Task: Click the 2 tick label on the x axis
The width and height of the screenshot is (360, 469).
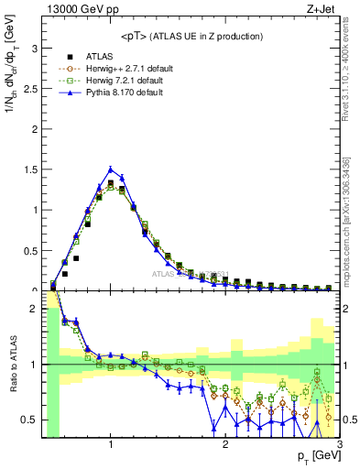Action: pos(225,445)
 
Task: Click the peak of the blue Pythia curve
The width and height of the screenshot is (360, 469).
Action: pos(111,169)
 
